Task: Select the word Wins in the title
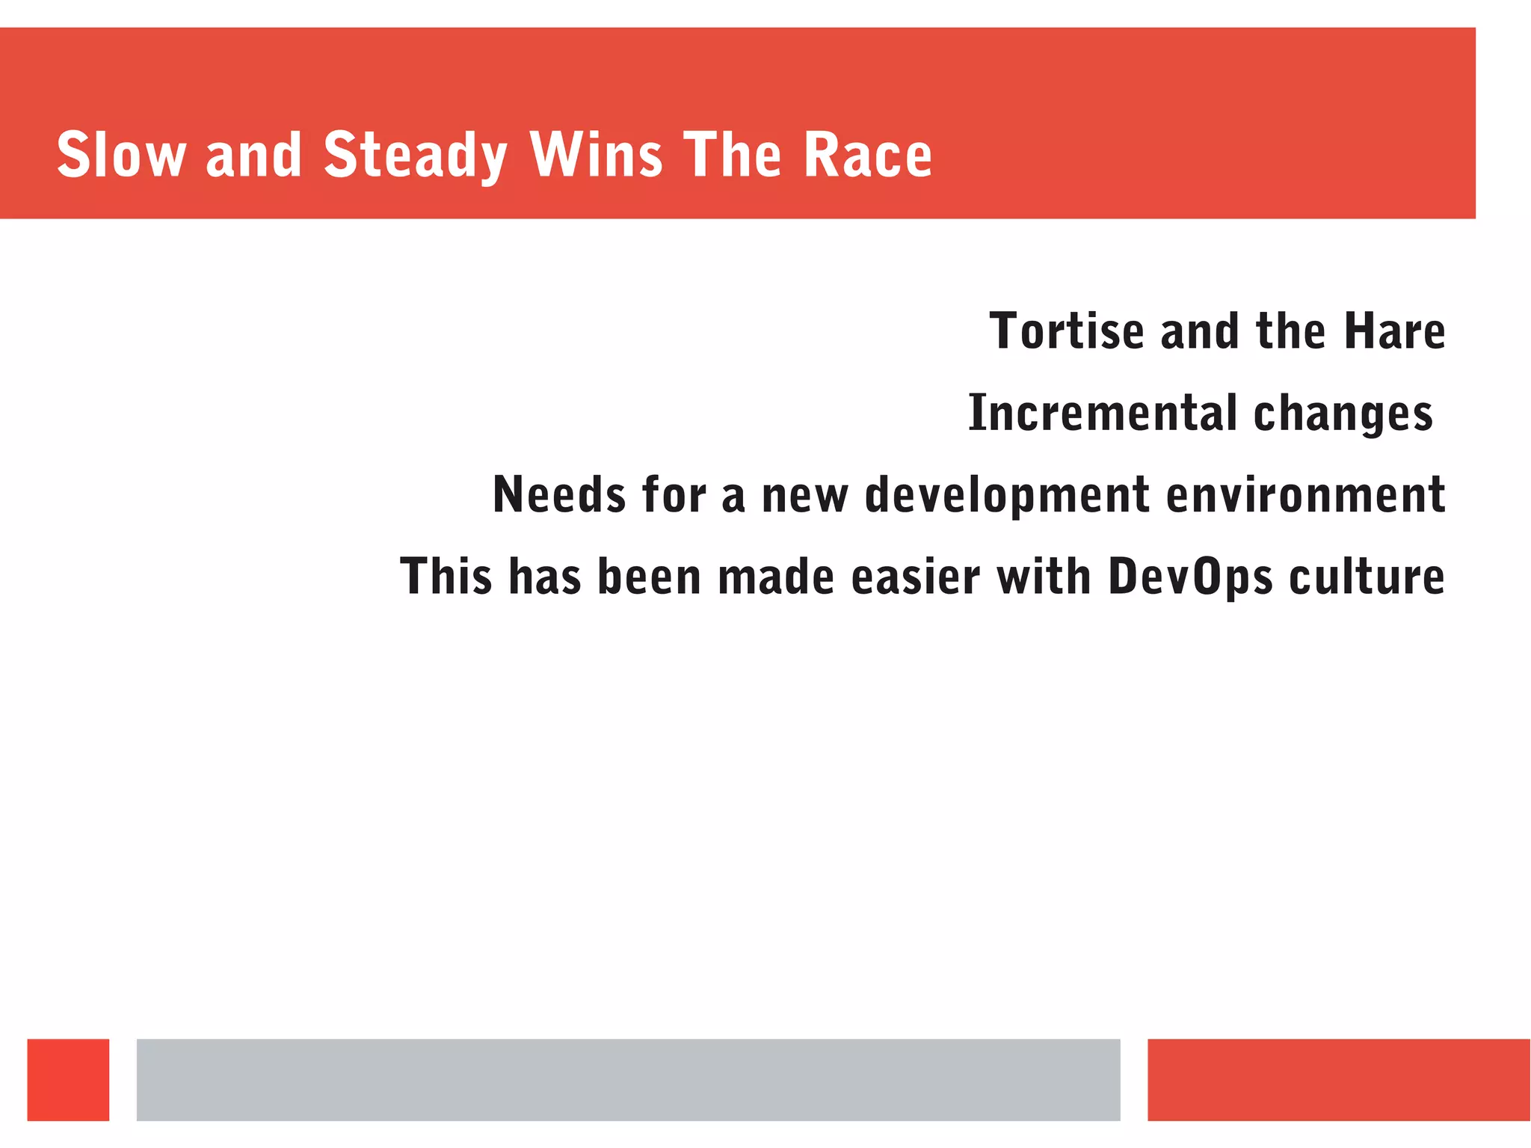tap(596, 155)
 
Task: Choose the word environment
tap(1305, 494)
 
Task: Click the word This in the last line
tap(446, 577)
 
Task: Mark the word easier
tap(916, 577)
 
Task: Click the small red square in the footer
tap(68, 1079)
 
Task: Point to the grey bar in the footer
tap(628, 1079)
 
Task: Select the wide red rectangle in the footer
tap(1338, 1079)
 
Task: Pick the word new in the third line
tap(805, 496)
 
